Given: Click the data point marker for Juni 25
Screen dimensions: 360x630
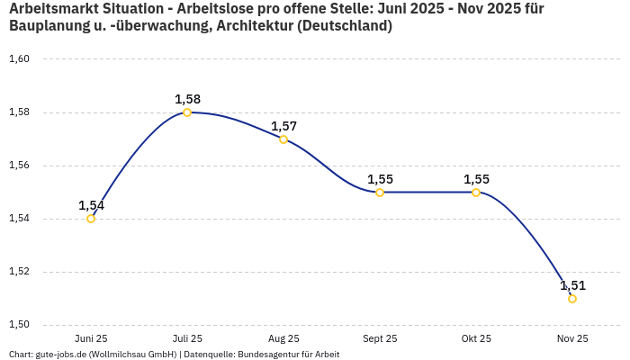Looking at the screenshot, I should tap(91, 219).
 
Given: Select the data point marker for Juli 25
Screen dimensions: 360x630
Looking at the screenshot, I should tap(187, 112).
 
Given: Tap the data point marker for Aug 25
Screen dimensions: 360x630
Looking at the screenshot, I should tap(283, 139).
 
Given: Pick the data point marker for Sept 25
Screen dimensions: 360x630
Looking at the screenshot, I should tap(380, 193).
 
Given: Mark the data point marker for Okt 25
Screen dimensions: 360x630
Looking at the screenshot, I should tap(476, 193).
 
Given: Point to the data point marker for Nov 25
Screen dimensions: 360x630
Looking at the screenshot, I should tap(572, 299).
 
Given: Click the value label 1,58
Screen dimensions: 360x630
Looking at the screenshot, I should tap(187, 99).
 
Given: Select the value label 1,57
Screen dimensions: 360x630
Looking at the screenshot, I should tap(283, 126).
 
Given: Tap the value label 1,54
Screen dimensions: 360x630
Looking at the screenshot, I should tap(91, 205).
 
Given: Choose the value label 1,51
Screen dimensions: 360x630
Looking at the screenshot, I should tap(572, 285).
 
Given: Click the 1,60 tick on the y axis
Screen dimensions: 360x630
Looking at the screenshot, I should tap(19, 59).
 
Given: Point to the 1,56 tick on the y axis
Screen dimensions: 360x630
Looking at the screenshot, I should tap(19, 166).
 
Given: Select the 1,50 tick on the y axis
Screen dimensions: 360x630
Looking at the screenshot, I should tap(19, 325).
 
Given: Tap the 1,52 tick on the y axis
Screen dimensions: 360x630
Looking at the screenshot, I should tap(19, 272).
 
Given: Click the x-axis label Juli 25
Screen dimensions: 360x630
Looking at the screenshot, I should tap(187, 338).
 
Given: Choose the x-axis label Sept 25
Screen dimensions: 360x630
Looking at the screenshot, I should tap(380, 338).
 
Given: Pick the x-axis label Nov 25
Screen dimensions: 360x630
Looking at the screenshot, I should tap(572, 338).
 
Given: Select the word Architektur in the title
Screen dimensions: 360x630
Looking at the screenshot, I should tap(251, 26).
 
